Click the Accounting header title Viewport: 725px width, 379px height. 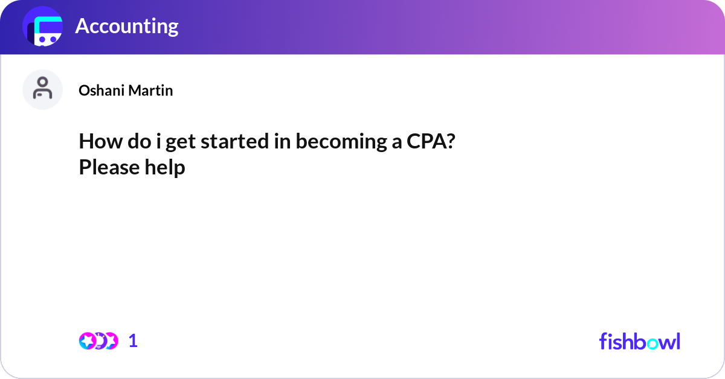point(126,26)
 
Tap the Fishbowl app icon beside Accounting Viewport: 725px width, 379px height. point(43,27)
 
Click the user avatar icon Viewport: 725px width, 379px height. point(42,89)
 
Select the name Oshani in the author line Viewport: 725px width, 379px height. point(100,91)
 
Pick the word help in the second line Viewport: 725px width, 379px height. point(164,167)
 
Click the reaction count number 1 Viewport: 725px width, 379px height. point(133,341)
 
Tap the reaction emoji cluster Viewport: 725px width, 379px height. point(98,341)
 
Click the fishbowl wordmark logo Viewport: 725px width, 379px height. point(639,341)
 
